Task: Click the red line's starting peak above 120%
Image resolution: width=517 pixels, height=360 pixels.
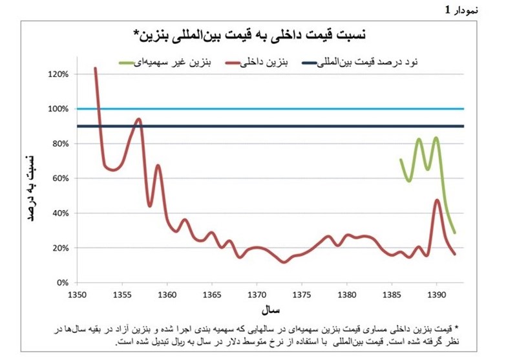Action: point(95,68)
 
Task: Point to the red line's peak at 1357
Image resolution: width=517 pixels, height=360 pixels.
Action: point(139,119)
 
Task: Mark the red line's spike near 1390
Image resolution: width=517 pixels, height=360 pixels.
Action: point(438,200)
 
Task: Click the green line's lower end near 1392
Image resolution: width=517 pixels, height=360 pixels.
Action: point(454,233)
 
